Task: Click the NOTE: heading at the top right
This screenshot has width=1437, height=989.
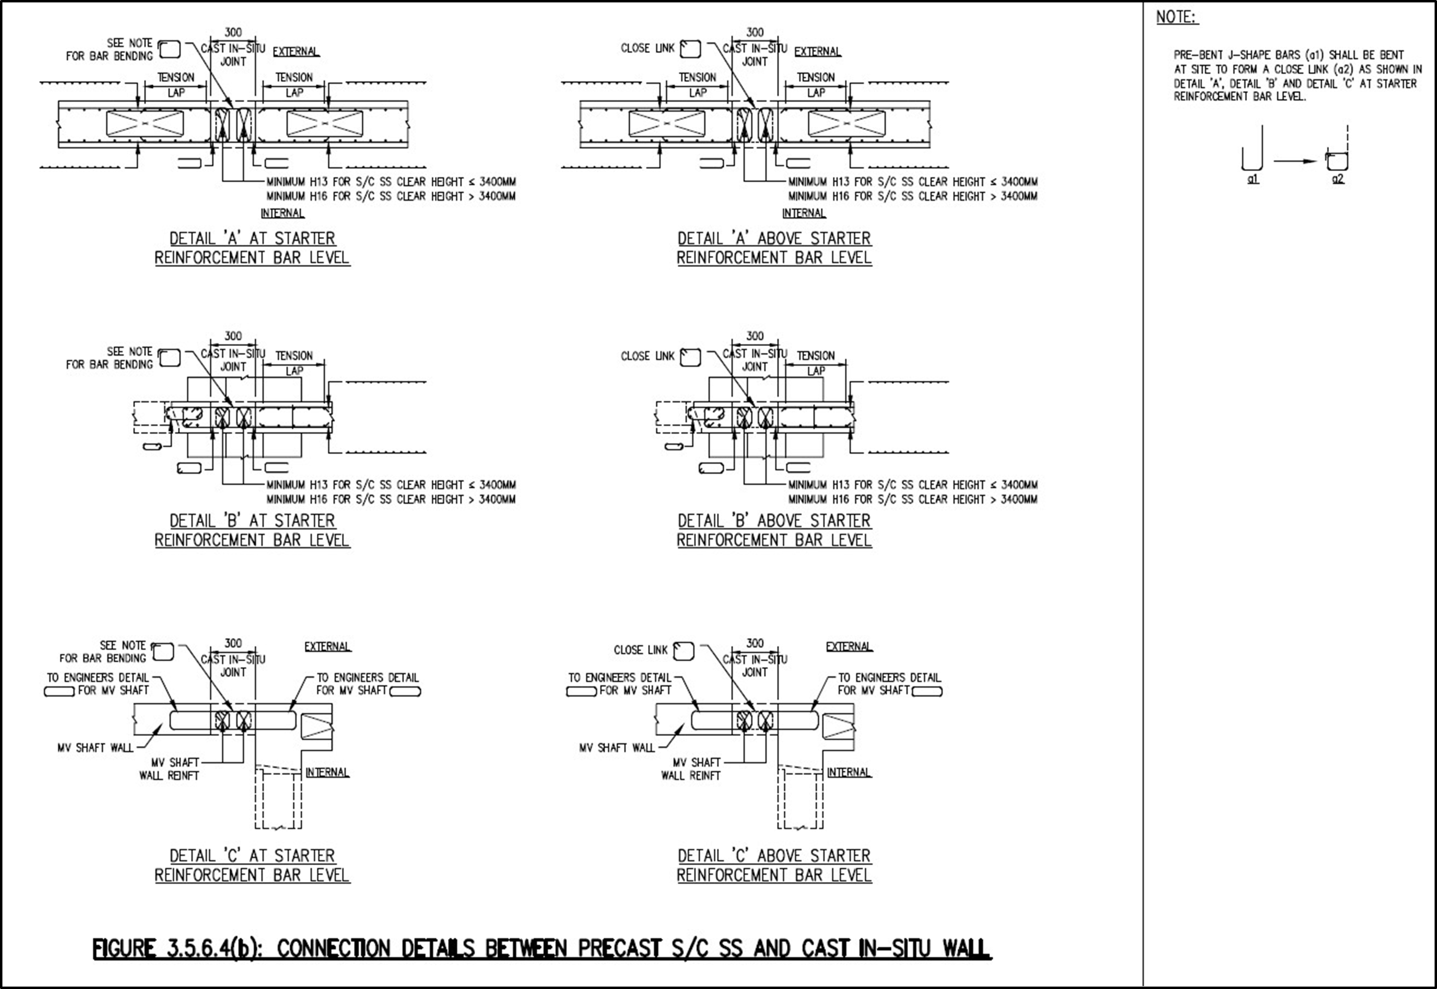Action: tap(1177, 17)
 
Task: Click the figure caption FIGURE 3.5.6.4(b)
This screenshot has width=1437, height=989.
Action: tap(542, 949)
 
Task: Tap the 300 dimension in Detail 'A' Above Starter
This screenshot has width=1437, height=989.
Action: tap(755, 32)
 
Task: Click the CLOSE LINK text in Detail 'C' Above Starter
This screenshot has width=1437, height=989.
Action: tap(640, 650)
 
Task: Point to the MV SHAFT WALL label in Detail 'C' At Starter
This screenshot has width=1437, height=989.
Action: tap(95, 748)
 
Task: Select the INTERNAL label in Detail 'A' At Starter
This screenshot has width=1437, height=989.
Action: tap(282, 213)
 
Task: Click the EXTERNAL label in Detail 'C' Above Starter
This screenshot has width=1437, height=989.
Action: tap(849, 647)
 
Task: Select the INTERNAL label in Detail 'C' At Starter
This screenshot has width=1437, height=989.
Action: tap(327, 773)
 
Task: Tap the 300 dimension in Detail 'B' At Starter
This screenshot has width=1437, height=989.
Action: tap(233, 336)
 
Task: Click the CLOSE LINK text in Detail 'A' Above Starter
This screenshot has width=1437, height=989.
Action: tap(647, 48)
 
